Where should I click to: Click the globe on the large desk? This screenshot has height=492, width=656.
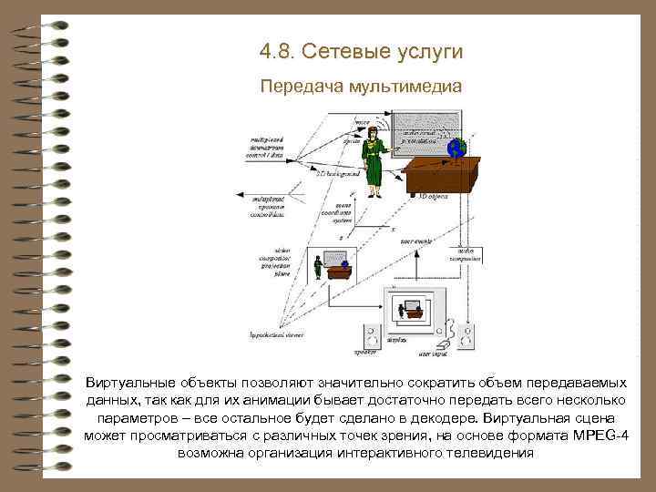456,149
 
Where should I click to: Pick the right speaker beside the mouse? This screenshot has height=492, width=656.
466,336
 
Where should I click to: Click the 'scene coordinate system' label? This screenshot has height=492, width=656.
343,212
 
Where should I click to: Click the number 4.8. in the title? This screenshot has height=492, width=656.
278,52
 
